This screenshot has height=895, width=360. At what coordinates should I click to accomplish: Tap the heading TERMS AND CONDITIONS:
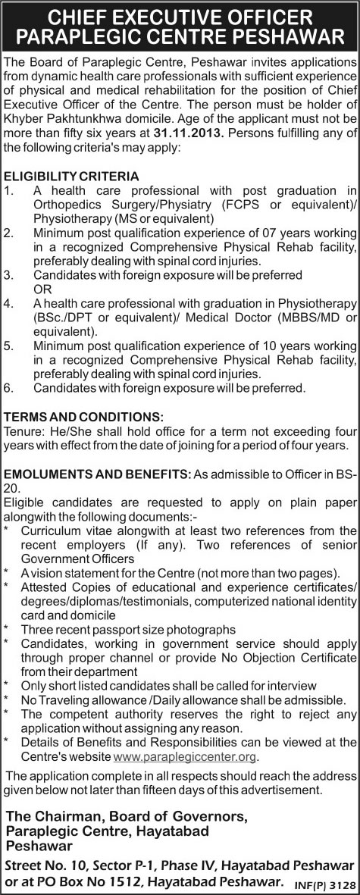[83, 416]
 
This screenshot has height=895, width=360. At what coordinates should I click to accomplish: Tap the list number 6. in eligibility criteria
[8, 387]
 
